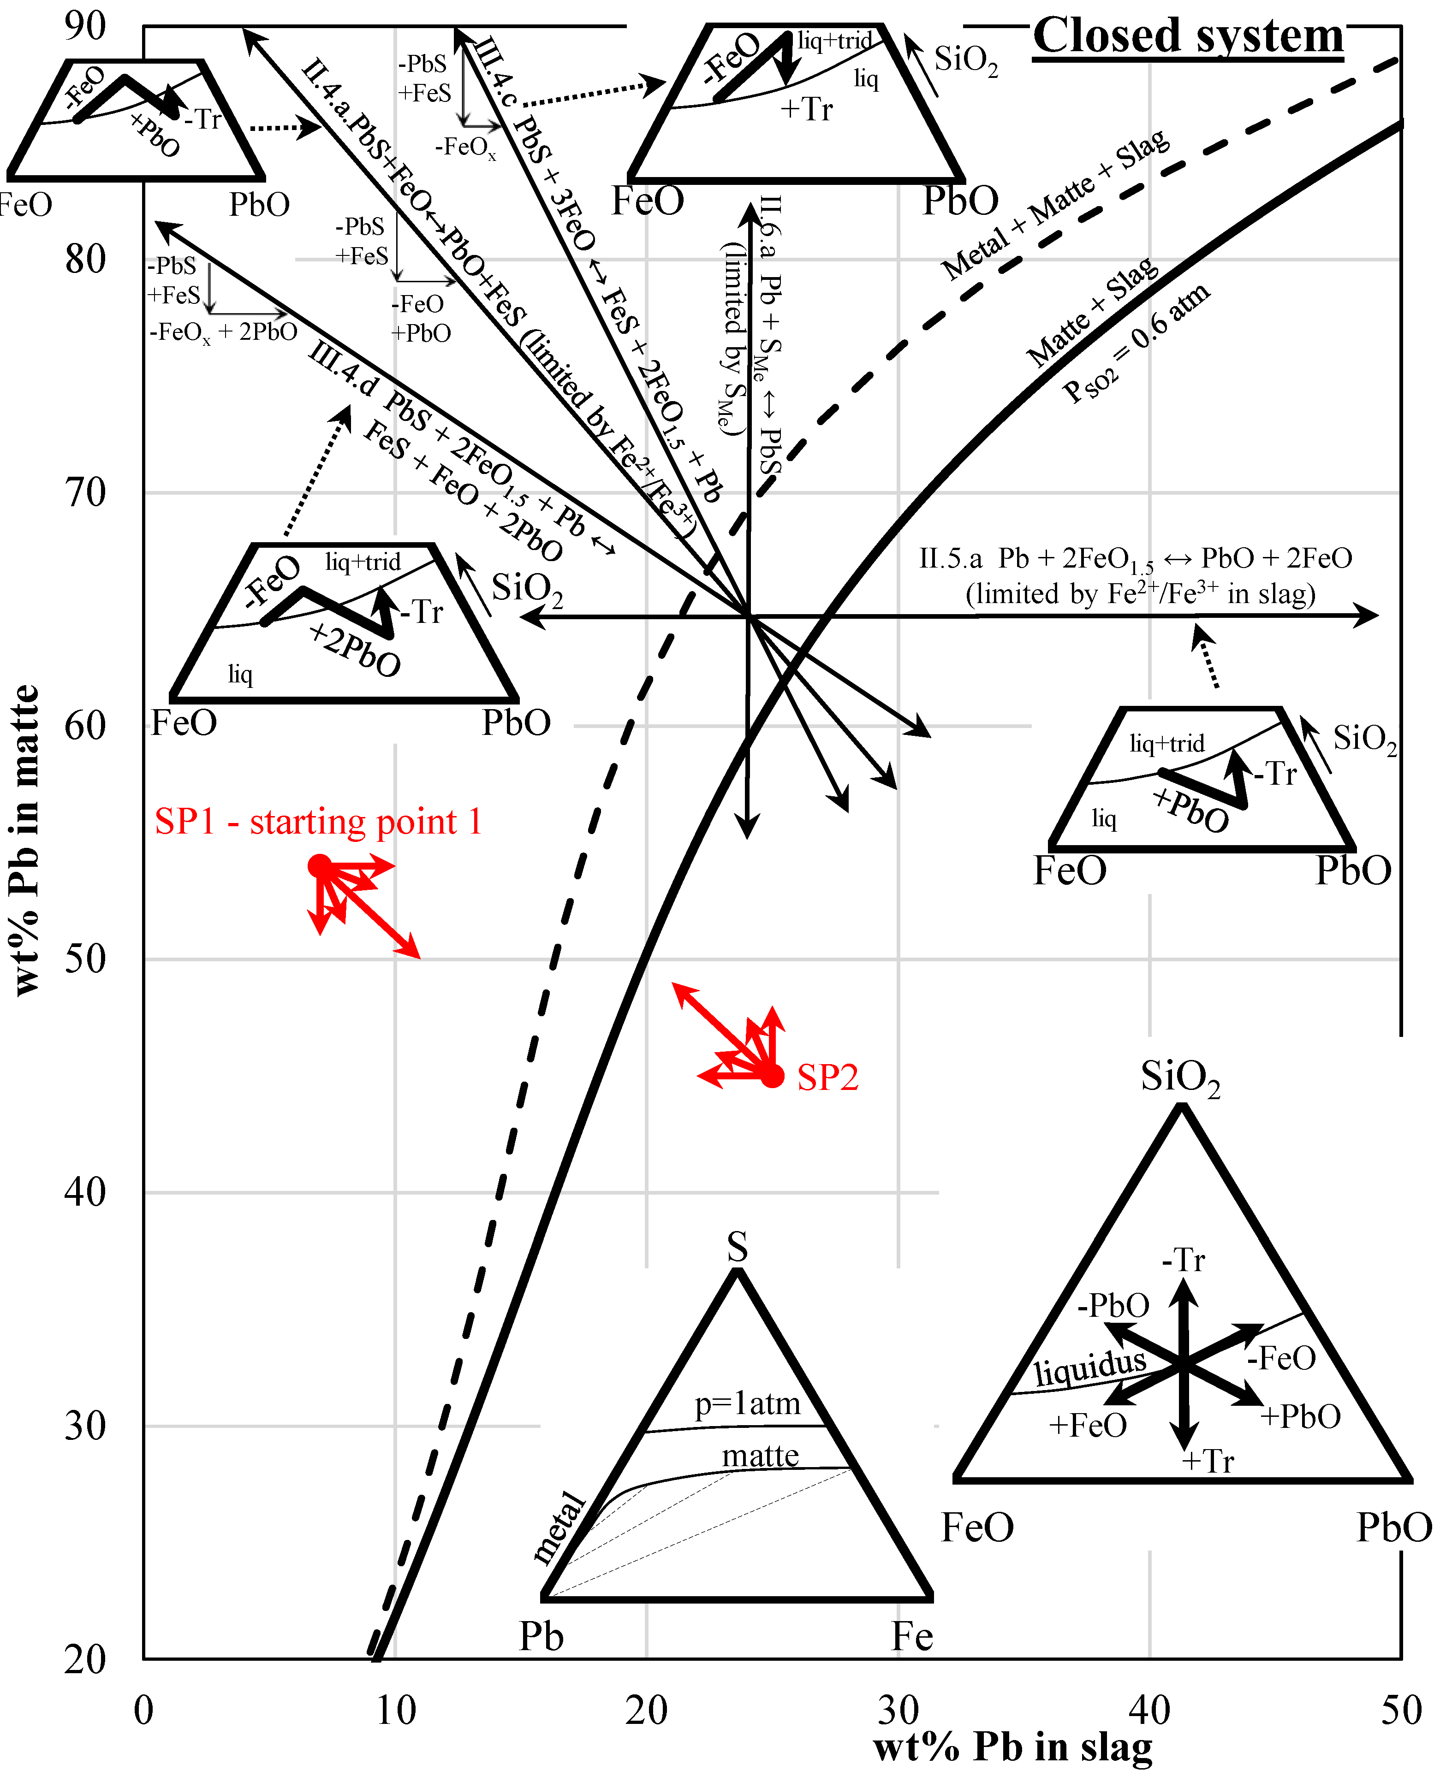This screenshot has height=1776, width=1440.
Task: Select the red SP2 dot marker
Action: (772, 1077)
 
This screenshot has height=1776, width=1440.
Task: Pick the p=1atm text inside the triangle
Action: (747, 1404)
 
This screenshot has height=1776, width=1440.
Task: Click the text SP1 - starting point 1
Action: (318, 822)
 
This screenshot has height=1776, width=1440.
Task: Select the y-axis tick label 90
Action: (85, 27)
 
